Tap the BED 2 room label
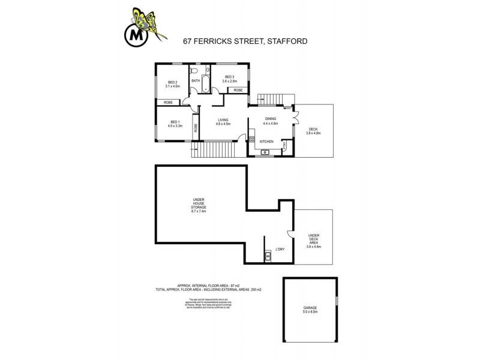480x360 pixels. [x=173, y=84]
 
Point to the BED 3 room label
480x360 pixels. [x=230, y=79]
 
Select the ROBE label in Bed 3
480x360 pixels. [x=238, y=90]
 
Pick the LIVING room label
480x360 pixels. [x=223, y=122]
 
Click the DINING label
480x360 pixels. [x=270, y=120]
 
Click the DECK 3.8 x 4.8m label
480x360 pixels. [x=314, y=131]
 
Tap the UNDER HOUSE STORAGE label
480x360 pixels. [x=199, y=205]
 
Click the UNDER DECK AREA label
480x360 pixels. [x=314, y=240]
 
